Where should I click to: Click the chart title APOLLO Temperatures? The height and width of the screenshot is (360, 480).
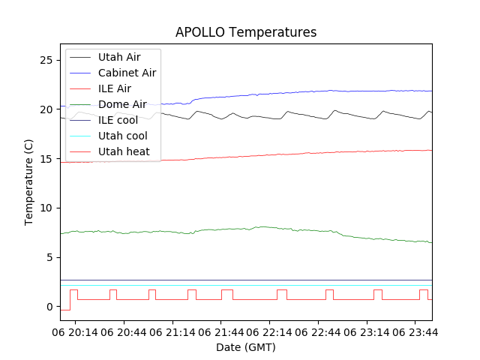[x=246, y=32]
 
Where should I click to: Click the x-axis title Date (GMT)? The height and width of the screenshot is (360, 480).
[x=246, y=347]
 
